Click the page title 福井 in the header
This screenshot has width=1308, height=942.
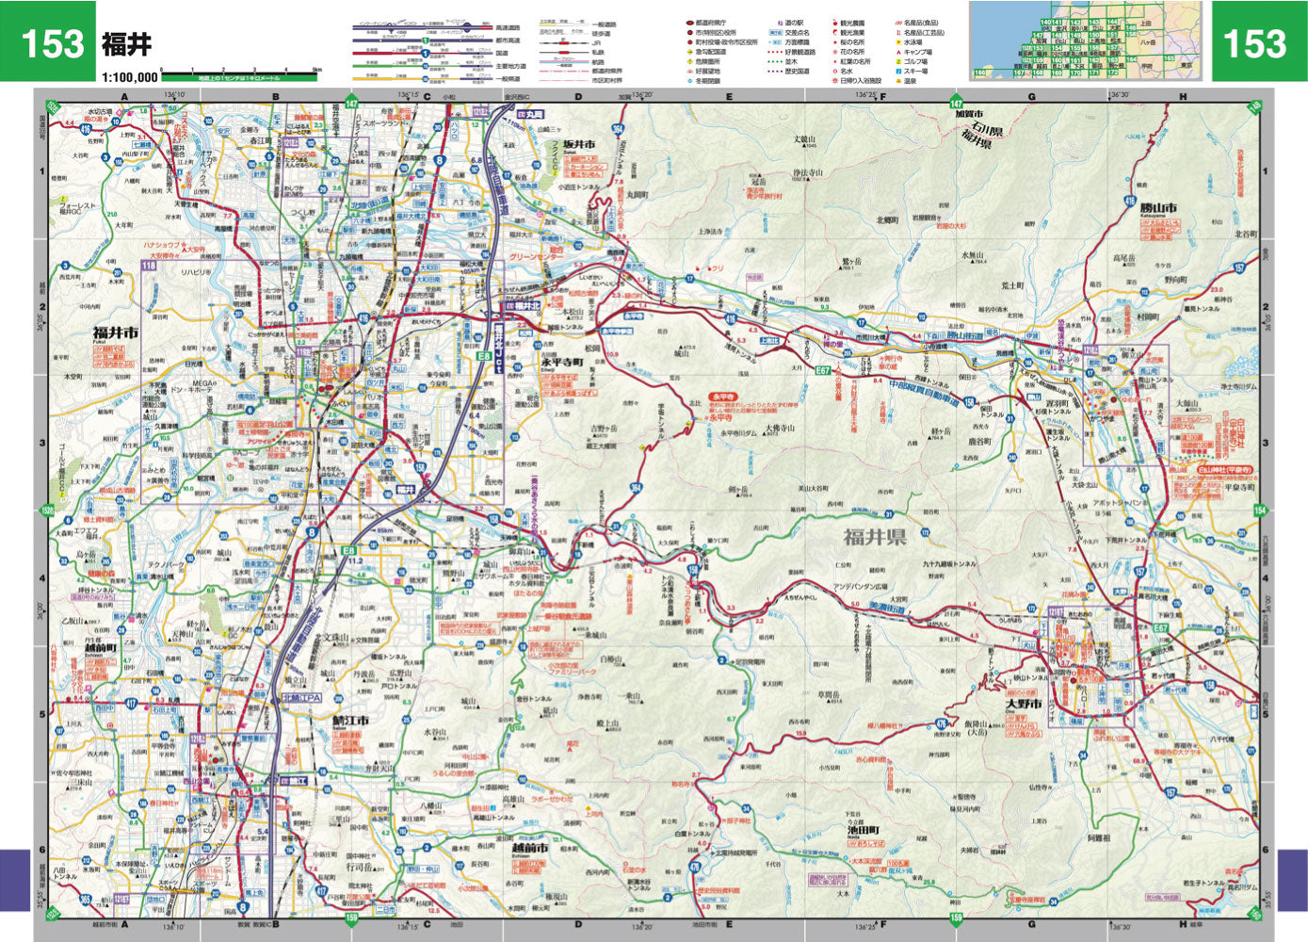click(x=125, y=44)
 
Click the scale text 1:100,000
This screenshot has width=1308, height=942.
click(x=130, y=77)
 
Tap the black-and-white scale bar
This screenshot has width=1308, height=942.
click(x=240, y=71)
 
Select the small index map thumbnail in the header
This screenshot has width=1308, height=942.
click(x=1086, y=41)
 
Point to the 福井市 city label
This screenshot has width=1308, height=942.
click(x=116, y=333)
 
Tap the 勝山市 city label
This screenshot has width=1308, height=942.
click(x=1157, y=208)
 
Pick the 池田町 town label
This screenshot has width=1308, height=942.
click(x=862, y=830)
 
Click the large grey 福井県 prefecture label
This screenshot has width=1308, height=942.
click(x=874, y=537)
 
